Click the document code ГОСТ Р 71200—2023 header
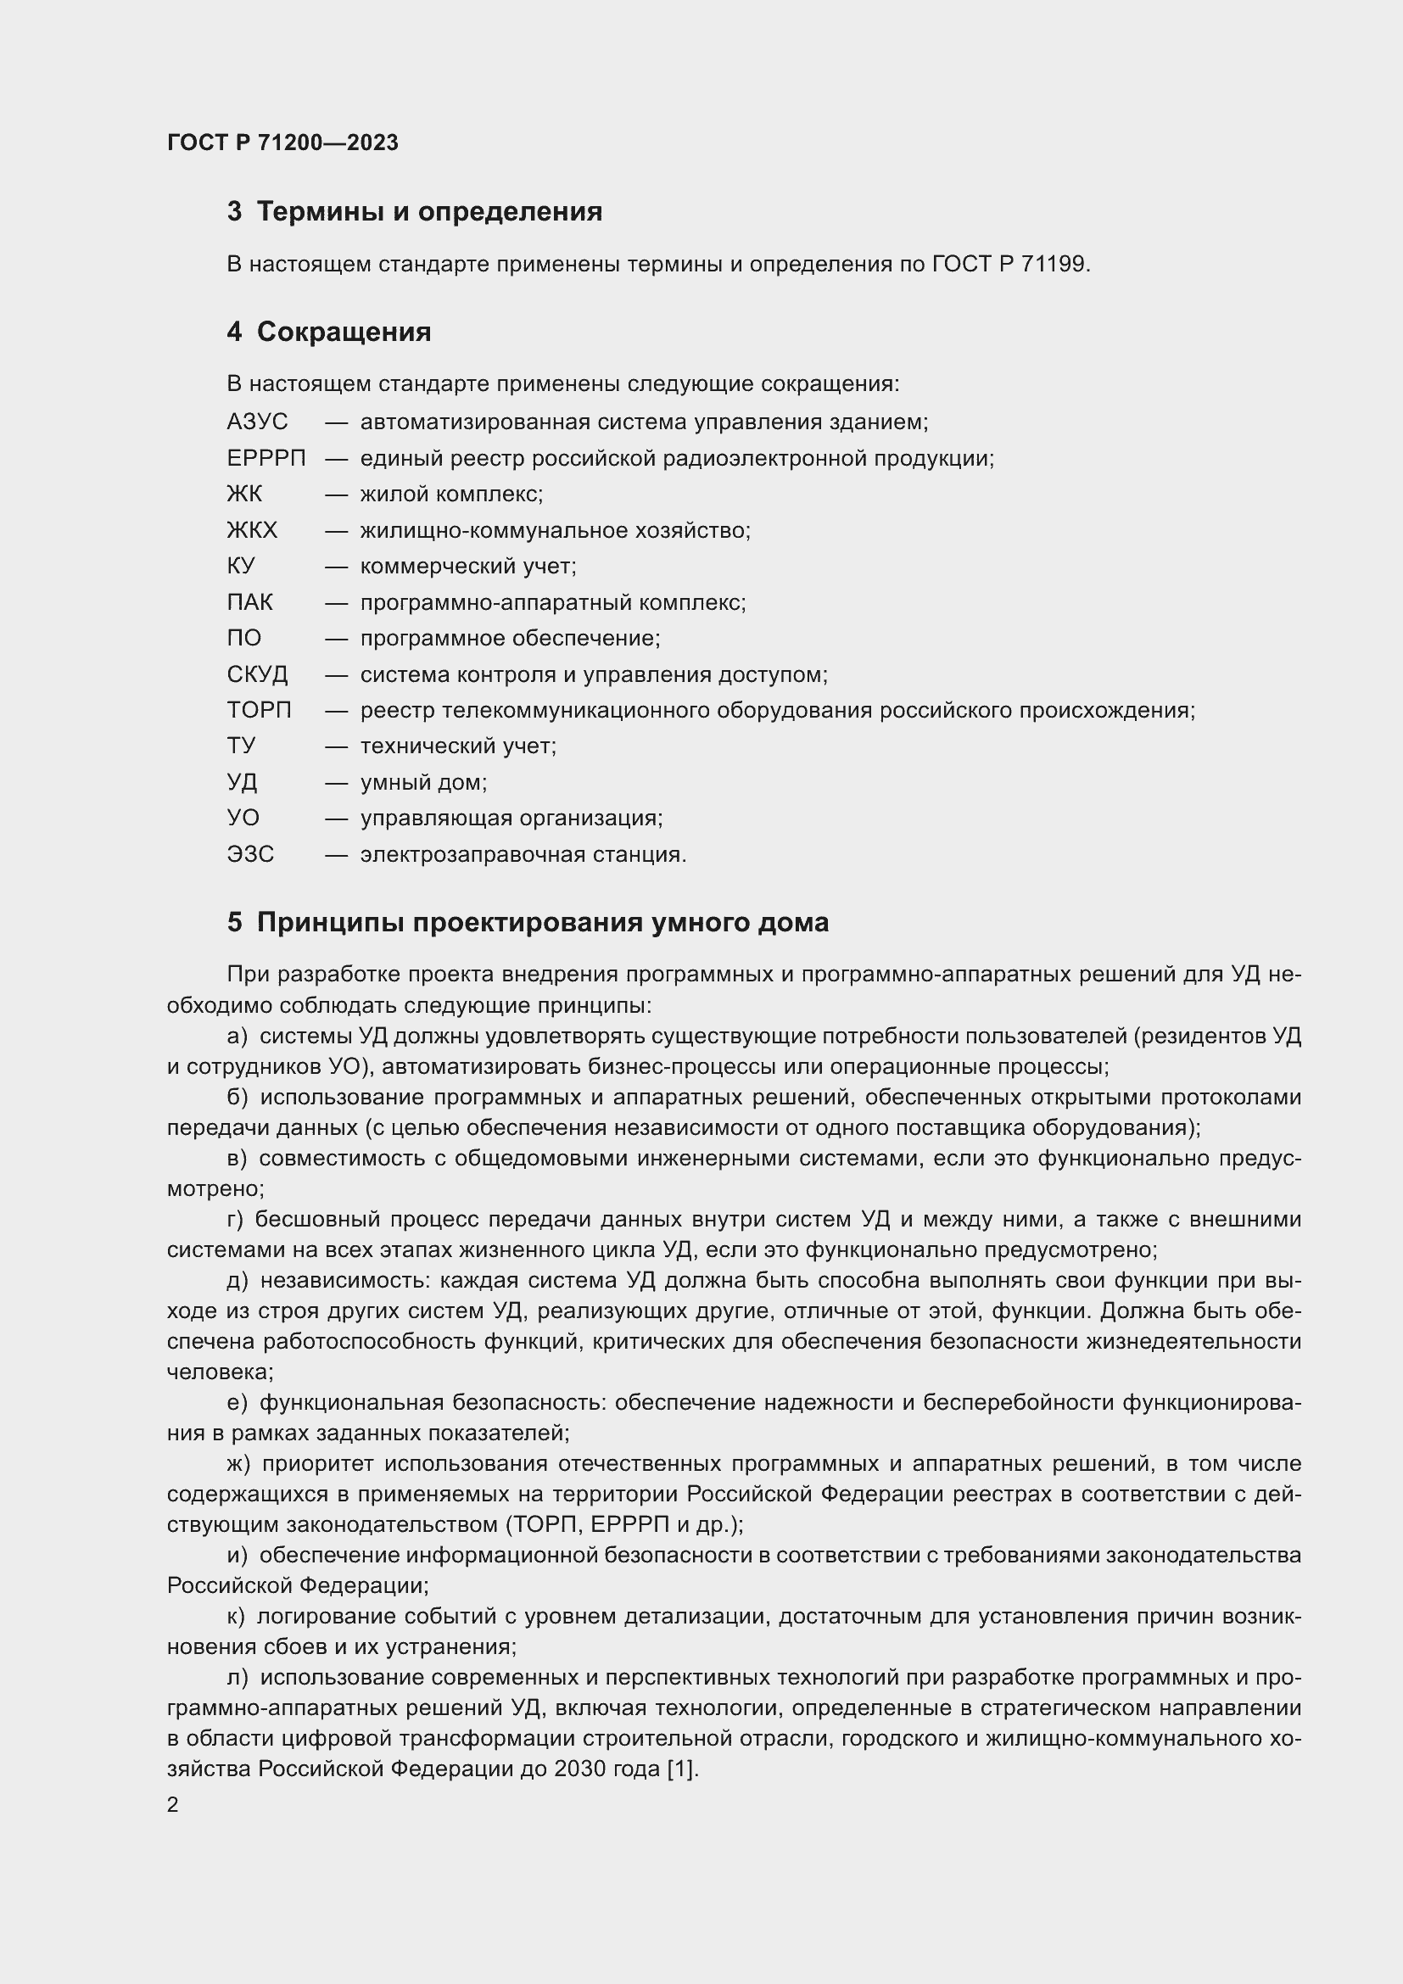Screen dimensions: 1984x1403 (282, 143)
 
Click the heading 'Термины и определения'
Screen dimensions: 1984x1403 (428, 212)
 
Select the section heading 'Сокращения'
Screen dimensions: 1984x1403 (343, 332)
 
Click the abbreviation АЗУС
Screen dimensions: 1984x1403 (258, 422)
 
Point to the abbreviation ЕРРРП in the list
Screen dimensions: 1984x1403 (266, 459)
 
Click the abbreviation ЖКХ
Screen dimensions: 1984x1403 (252, 530)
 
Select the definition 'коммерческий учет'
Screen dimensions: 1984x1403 (467, 567)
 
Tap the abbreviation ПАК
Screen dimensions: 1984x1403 (249, 602)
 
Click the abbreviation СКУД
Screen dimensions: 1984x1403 (258, 675)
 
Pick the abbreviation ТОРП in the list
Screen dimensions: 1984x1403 (260, 710)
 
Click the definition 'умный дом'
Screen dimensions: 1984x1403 (423, 783)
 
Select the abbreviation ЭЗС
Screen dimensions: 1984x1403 (250, 855)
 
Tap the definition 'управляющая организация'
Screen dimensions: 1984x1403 (511, 819)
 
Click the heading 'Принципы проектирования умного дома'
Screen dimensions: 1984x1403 (542, 923)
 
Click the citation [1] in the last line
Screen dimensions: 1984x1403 (682, 1769)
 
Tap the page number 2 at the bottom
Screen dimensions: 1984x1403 (173, 1805)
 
